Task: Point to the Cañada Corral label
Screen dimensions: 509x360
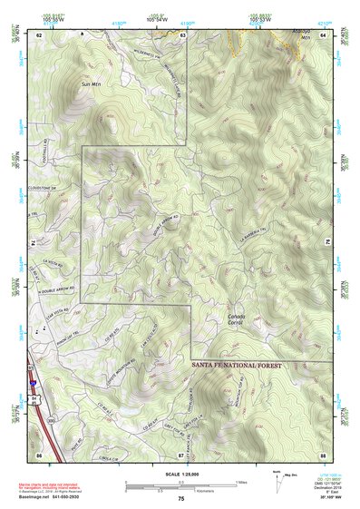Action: point(237,318)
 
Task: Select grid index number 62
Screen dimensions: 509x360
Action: point(39,34)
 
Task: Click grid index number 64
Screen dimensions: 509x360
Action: point(322,34)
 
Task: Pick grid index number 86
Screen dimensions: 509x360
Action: point(39,453)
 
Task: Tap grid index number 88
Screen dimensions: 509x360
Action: point(322,453)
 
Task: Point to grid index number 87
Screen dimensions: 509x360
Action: point(181,453)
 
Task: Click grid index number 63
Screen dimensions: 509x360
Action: point(182,34)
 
